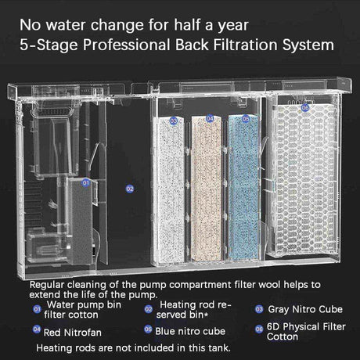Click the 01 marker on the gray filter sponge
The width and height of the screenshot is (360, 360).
(85, 183)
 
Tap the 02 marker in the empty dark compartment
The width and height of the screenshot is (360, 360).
(130, 189)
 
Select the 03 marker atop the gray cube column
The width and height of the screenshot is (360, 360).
(174, 121)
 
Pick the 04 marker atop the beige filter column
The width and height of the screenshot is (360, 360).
(210, 119)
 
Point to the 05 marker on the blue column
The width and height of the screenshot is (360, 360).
(246, 119)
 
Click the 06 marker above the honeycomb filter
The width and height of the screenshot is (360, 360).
(305, 107)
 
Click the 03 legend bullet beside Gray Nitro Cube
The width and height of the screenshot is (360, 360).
(259, 309)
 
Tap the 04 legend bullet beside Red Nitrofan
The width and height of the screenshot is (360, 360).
(37, 329)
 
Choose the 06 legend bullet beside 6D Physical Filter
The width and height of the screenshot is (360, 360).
(259, 329)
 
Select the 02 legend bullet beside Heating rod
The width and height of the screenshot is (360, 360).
(149, 309)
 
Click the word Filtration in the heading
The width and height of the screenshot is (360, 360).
(246, 45)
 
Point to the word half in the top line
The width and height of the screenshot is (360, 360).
(188, 25)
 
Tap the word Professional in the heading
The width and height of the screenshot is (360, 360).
(127, 45)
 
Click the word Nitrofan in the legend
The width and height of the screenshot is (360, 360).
(83, 333)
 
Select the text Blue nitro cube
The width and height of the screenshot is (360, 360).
(190, 331)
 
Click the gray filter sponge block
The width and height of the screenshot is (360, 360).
(80, 221)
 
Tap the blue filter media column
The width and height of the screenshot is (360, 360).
(244, 187)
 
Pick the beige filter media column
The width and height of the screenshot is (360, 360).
(207, 189)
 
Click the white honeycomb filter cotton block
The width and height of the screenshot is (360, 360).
(305, 180)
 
